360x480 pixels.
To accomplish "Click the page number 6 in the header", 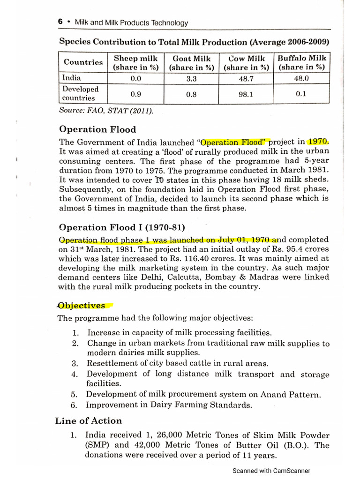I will click(x=60, y=22).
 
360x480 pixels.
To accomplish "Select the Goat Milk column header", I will click(x=191, y=63).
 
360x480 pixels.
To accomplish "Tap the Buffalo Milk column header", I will click(x=301, y=63).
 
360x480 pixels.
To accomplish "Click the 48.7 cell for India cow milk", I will click(x=246, y=79).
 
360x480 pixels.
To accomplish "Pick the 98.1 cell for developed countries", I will click(x=246, y=94).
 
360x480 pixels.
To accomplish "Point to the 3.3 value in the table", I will click(x=191, y=79).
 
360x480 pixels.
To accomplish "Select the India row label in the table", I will click(x=72, y=78).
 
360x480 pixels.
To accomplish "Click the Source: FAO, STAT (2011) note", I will click(x=106, y=111).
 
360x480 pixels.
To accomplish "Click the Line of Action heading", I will click(x=88, y=420).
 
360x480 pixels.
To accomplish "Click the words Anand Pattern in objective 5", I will click(x=297, y=394).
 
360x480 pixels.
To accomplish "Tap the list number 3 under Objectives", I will click(x=74, y=363).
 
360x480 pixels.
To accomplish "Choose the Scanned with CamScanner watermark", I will click(x=271, y=471).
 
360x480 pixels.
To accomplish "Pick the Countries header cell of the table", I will click(x=83, y=62).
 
